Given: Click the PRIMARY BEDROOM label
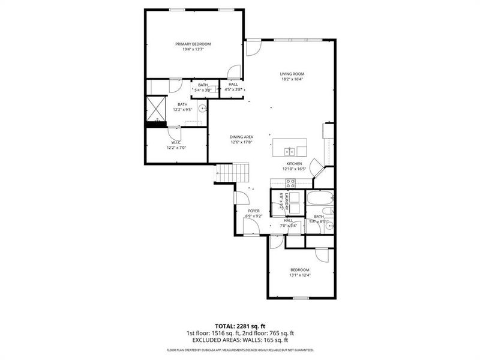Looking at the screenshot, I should (x=193, y=44).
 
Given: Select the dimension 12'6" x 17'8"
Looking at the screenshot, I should (x=241, y=142).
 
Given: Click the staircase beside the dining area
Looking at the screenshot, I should (x=232, y=173).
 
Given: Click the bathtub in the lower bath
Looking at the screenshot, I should (x=319, y=199).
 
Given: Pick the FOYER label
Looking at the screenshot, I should (x=254, y=211).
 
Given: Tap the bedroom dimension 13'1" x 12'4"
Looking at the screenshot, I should (x=299, y=275).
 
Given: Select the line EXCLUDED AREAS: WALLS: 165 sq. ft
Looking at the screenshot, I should (x=240, y=339).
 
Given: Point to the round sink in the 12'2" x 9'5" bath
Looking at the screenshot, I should (x=202, y=109).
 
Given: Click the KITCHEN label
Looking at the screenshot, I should (x=293, y=163).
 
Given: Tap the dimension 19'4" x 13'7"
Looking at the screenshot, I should (x=193, y=49).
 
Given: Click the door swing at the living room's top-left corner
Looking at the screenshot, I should (x=253, y=47).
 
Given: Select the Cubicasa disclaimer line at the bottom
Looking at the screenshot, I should (x=240, y=350).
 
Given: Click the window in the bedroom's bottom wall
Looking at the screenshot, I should (x=299, y=298).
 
